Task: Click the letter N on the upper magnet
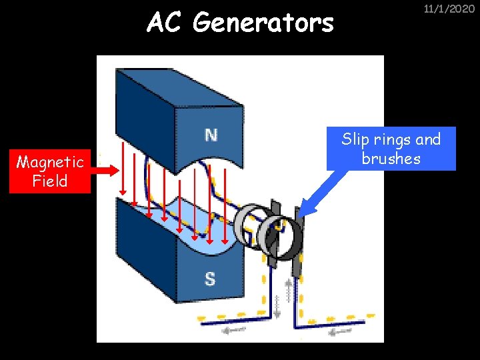point(211,135)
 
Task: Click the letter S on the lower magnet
point(210,278)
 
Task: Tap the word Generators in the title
point(263,23)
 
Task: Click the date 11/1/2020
point(449,9)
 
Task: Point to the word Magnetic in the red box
point(50,162)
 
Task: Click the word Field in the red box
point(50,181)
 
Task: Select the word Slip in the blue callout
point(355,139)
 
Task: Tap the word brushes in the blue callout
point(391,159)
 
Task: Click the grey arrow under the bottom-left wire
point(230,329)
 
